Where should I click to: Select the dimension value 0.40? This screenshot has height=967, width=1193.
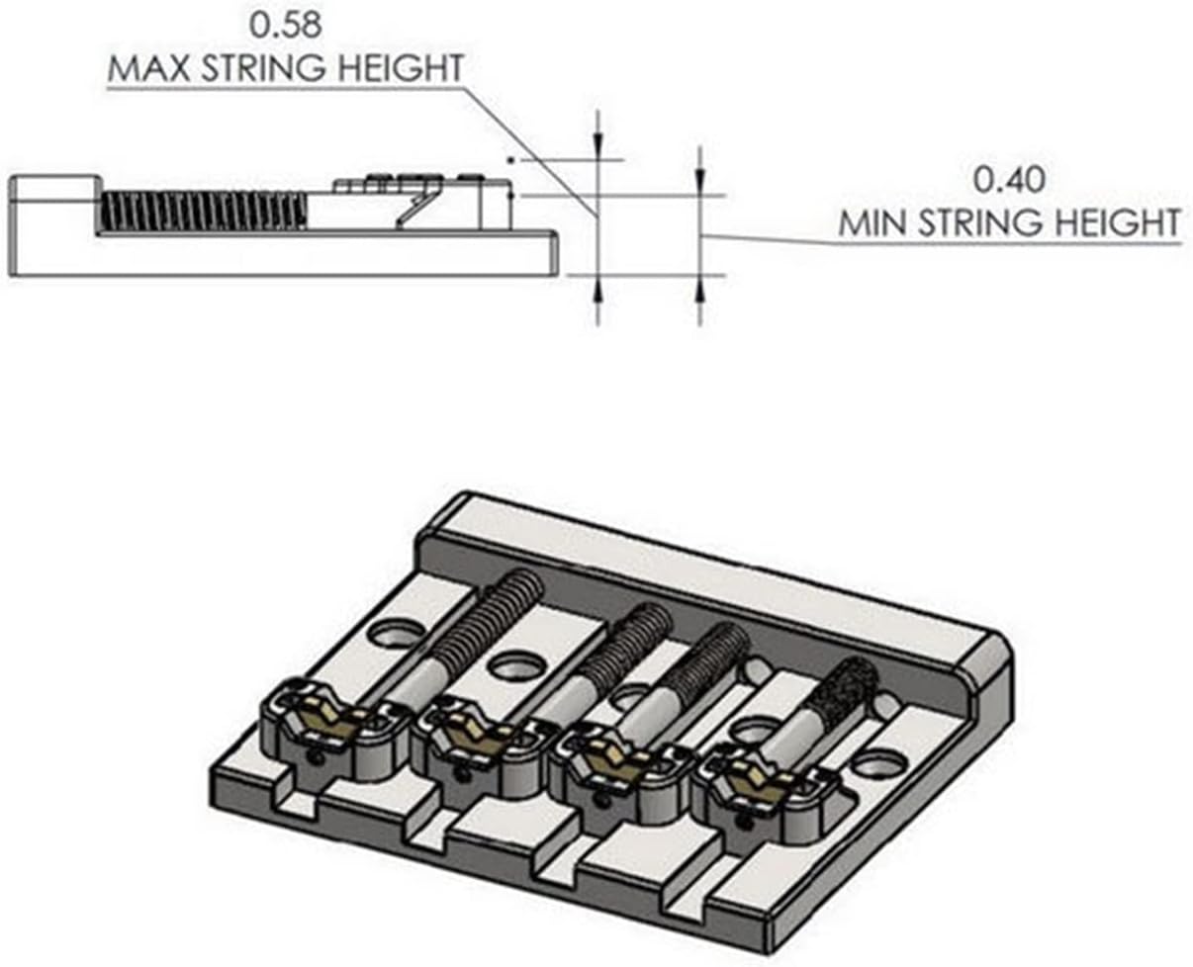pyautogui.click(x=1009, y=180)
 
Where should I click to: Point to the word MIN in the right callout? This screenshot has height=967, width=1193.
pyautogui.click(x=875, y=222)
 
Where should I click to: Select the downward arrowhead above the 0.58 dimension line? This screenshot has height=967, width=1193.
pyautogui.click(x=596, y=146)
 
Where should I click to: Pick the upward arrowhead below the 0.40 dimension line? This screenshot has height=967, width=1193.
pyautogui.click(x=699, y=288)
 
